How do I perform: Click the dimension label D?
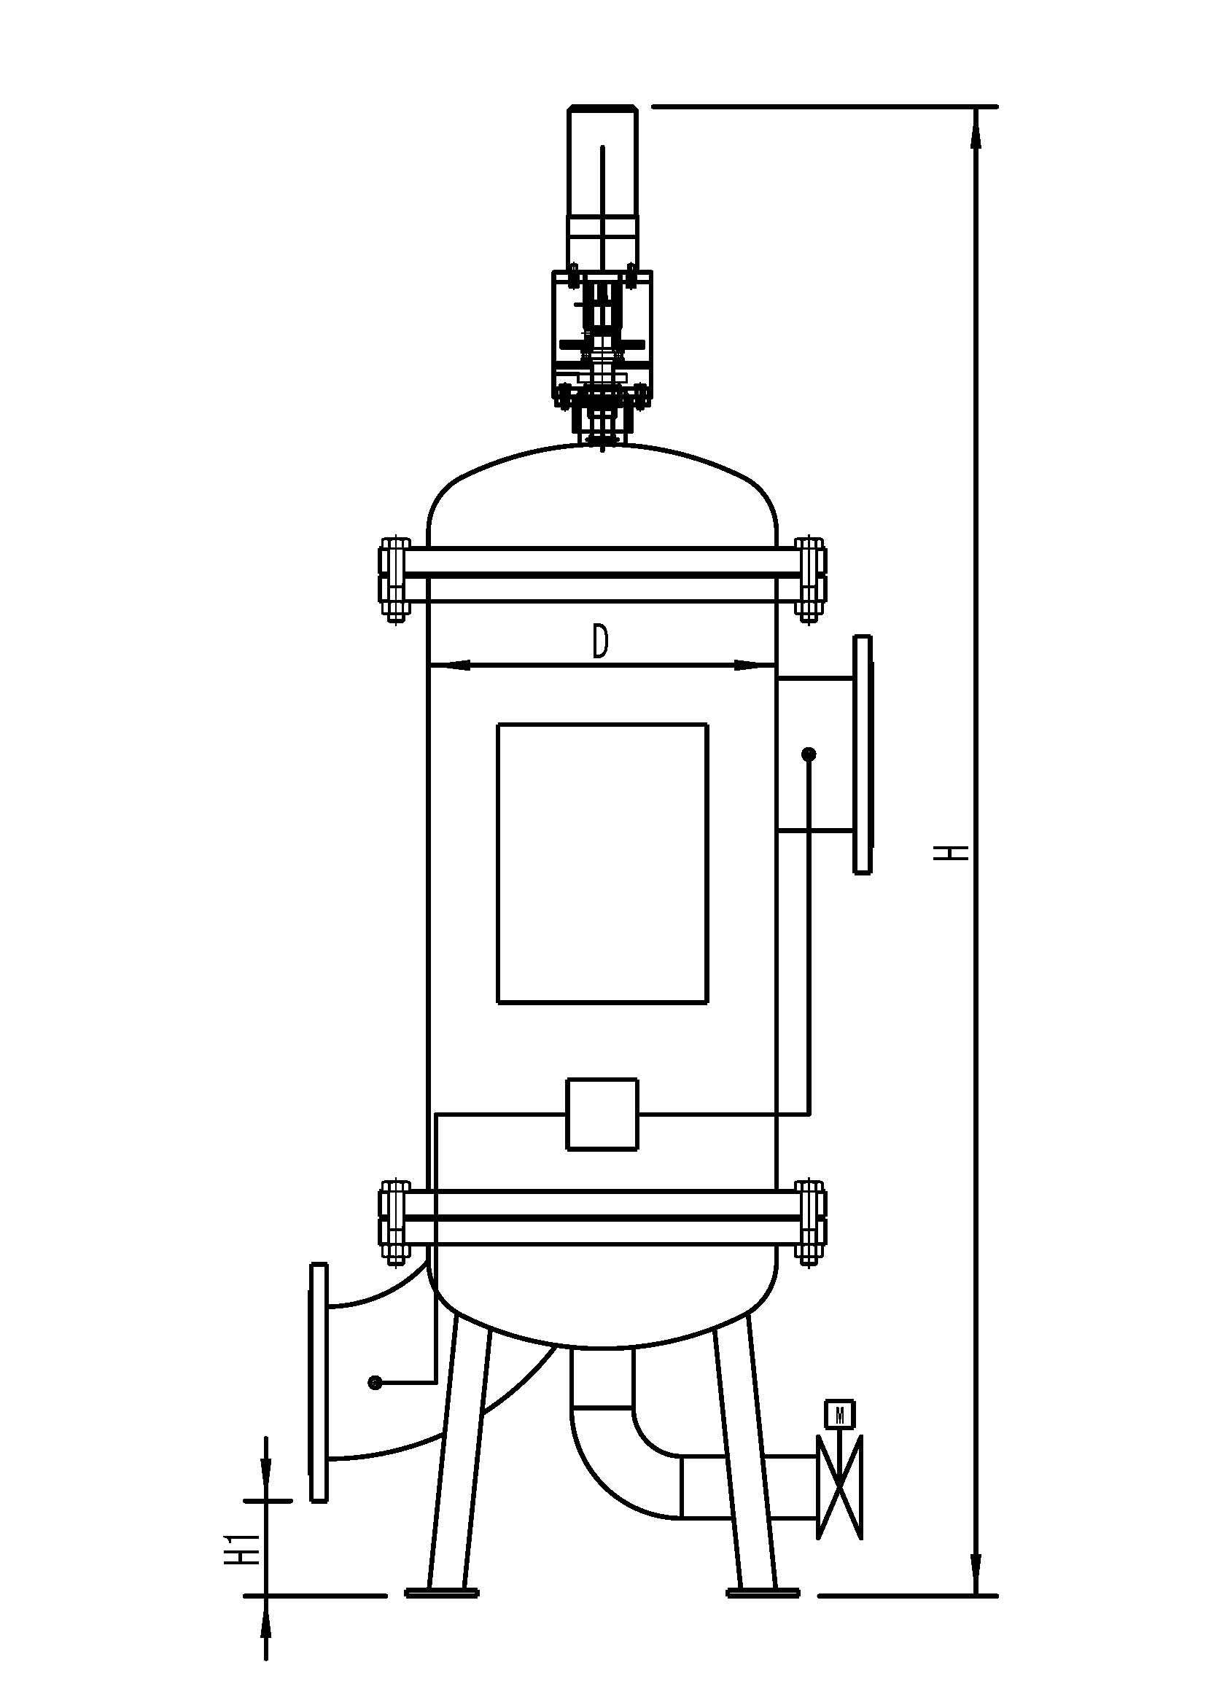[x=601, y=641]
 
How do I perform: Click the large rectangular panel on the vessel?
[x=602, y=864]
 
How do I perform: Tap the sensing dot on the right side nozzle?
[x=809, y=754]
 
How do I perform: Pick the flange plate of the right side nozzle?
[x=862, y=754]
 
